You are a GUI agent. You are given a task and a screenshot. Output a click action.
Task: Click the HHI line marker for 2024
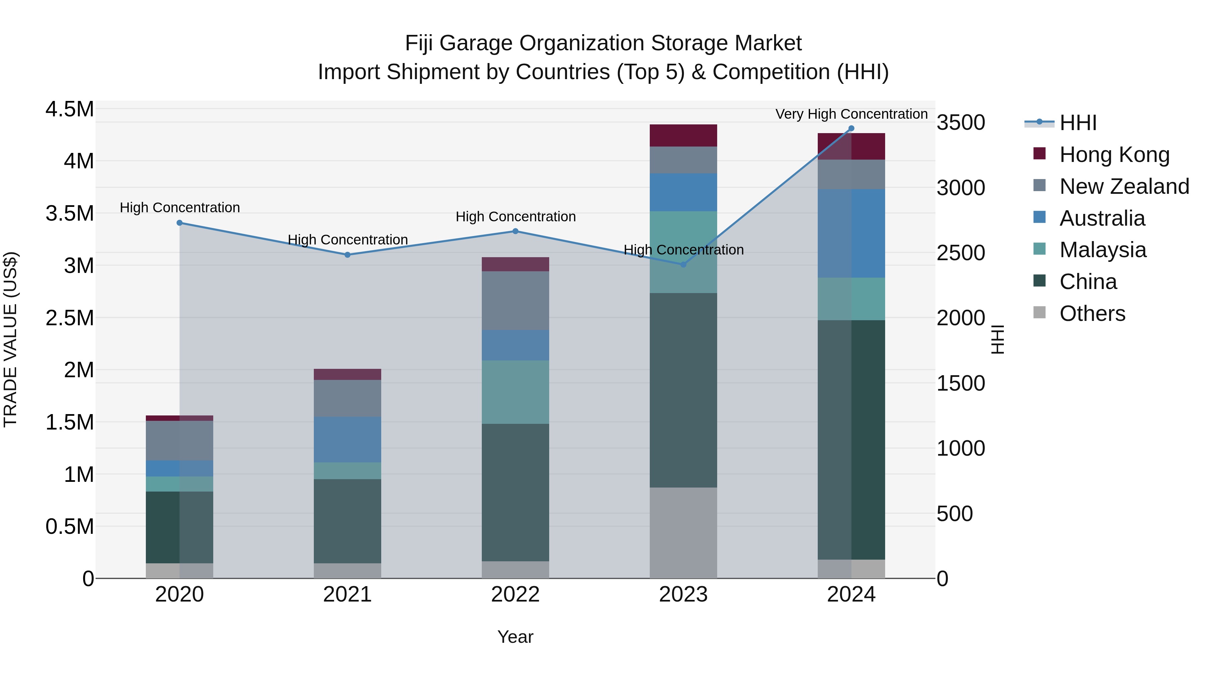click(x=851, y=128)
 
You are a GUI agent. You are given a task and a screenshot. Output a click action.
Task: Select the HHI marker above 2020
click(x=179, y=223)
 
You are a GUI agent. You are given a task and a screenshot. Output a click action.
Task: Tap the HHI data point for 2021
click(x=348, y=255)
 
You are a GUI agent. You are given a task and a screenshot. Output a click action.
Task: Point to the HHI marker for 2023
click(x=683, y=265)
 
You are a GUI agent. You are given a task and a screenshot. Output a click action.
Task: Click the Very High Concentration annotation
click(x=851, y=114)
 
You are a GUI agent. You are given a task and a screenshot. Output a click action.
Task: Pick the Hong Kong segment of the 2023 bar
click(x=683, y=135)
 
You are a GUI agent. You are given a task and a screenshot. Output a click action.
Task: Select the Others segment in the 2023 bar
click(x=683, y=533)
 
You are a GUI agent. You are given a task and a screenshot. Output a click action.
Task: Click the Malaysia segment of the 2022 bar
click(x=515, y=392)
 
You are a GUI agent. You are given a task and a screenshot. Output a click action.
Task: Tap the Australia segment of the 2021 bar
click(x=348, y=440)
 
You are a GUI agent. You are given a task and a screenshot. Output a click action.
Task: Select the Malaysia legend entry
click(x=1102, y=250)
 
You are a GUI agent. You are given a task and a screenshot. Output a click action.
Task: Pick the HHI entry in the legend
click(x=1078, y=123)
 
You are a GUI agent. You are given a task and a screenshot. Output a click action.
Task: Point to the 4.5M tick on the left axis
click(x=69, y=109)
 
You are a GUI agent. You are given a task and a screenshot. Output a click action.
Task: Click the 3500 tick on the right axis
click(x=961, y=123)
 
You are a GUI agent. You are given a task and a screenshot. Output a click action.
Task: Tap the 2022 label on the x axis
click(x=515, y=595)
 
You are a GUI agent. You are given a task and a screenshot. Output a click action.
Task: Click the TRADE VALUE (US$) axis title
click(x=10, y=339)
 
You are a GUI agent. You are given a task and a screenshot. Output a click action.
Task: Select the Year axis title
click(x=515, y=637)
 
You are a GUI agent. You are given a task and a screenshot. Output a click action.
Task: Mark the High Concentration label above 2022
click(x=515, y=217)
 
